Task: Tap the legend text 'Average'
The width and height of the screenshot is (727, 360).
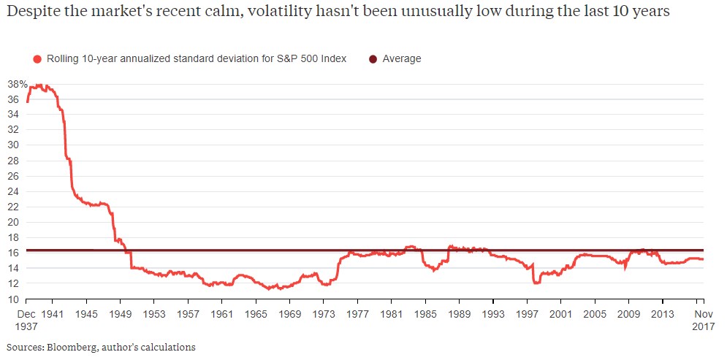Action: coord(402,58)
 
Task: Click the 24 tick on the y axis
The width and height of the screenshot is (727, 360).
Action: coord(14,191)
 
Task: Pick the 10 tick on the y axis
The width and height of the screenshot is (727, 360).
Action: coord(14,299)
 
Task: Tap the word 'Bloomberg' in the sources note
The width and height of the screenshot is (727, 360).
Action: coord(68,347)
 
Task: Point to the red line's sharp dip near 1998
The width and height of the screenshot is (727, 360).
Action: coord(536,283)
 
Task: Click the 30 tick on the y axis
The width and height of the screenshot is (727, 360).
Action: coord(14,145)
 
